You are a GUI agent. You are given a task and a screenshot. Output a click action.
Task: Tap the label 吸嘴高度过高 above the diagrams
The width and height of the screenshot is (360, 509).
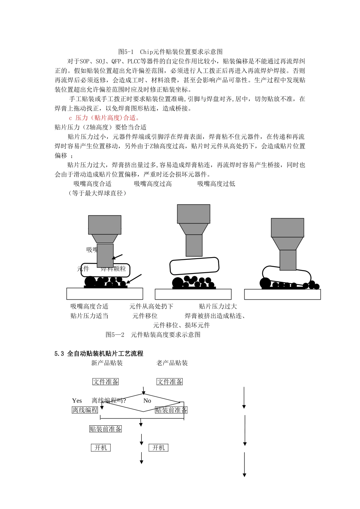[153, 184]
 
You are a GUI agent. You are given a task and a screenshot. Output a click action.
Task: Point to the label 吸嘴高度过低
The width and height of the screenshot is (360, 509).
[216, 184]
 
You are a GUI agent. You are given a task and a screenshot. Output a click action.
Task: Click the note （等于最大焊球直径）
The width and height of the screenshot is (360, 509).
[97, 193]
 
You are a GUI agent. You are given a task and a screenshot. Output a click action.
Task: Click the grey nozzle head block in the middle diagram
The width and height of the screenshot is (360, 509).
[194, 214]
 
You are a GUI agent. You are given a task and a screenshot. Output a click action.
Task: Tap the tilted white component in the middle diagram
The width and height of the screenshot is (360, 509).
[194, 266]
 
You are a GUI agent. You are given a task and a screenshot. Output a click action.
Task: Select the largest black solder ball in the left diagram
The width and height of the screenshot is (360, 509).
[90, 281]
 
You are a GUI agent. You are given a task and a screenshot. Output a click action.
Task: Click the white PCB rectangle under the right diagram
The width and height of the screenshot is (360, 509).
[282, 294]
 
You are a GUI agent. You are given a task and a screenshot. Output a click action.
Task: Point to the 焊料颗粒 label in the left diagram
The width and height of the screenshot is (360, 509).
[113, 269]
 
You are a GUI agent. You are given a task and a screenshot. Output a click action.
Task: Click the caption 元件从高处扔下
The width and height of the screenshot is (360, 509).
[151, 306]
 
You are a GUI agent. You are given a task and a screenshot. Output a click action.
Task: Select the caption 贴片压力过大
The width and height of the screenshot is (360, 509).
[218, 306]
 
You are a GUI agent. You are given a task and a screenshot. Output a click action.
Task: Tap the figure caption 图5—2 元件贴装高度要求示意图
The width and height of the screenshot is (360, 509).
[153, 335]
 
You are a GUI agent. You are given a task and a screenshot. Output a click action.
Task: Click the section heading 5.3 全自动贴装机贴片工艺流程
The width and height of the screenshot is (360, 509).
[99, 354]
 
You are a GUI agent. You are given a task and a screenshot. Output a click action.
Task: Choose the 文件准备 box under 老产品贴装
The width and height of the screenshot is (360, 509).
[170, 382]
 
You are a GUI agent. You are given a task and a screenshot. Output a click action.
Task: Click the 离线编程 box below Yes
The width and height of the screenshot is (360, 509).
[85, 410]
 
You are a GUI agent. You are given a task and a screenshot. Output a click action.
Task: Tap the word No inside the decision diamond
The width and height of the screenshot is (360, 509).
[147, 401]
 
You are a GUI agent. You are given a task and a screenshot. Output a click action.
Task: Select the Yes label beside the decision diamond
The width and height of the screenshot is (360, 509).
[77, 401]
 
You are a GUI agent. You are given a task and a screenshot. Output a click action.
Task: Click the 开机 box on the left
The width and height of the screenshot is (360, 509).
[101, 448]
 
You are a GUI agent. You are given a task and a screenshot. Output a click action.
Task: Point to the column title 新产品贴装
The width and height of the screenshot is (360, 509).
[107, 363]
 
